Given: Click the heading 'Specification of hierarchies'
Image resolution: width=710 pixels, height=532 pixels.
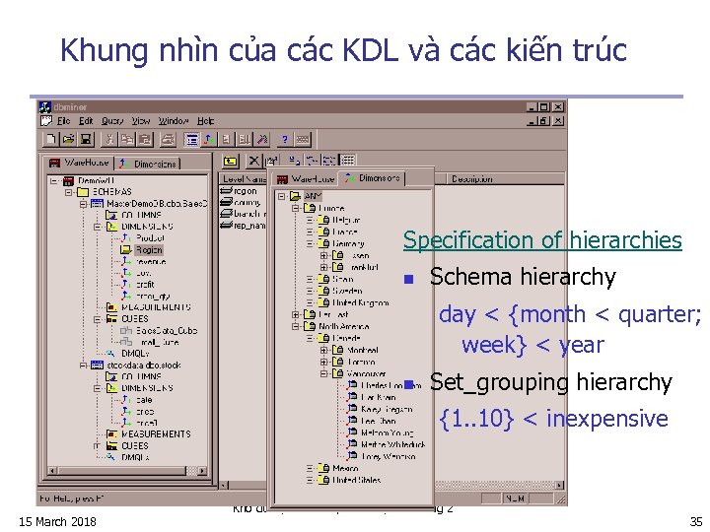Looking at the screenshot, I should pyautogui.click(x=542, y=240).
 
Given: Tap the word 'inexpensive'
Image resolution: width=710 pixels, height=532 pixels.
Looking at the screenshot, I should pyautogui.click(x=606, y=419).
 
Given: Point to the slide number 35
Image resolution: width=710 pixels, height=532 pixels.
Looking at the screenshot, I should pyautogui.click(x=695, y=521).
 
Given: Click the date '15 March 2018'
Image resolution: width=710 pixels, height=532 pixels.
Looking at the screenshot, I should pyautogui.click(x=57, y=521).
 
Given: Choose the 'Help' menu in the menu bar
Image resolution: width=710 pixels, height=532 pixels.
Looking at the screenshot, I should pyautogui.click(x=205, y=120).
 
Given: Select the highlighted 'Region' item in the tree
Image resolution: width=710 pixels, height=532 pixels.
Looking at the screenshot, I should pyautogui.click(x=150, y=250).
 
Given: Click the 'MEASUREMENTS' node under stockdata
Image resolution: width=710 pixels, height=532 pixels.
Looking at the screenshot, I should pyautogui.click(x=156, y=433).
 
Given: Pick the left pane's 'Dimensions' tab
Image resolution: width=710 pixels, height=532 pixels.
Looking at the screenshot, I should pyautogui.click(x=151, y=164).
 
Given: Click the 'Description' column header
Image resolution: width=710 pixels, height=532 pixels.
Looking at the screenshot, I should pyautogui.click(x=472, y=179).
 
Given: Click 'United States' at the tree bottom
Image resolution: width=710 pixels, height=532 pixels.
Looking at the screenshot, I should pyautogui.click(x=357, y=480).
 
